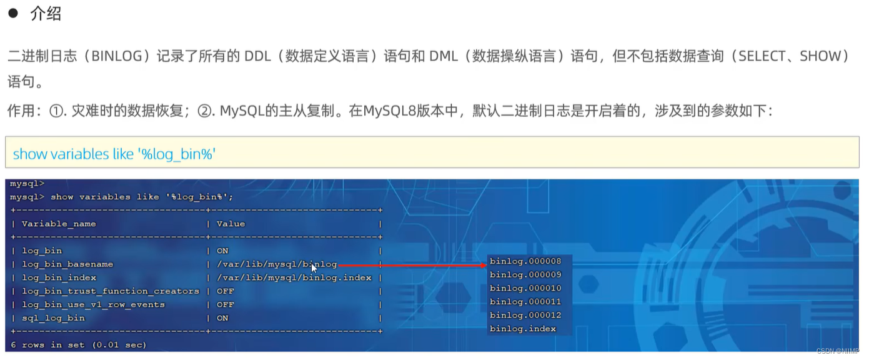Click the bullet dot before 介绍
pyautogui.click(x=12, y=13)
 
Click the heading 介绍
pyautogui.click(x=46, y=14)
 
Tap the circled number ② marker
pyautogui.click(x=206, y=111)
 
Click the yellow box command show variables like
pyautogui.click(x=114, y=154)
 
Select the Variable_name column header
pyautogui.click(x=59, y=224)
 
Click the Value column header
pyautogui.click(x=231, y=224)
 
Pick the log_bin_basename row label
pyautogui.click(x=67, y=264)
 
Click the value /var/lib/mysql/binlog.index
pyautogui.click(x=294, y=277)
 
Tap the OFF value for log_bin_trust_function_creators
pyautogui.click(x=225, y=291)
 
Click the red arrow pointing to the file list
pyautogui.click(x=412, y=265)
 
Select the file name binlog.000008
pyautogui.click(x=525, y=261)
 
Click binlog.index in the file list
pyautogui.click(x=522, y=329)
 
